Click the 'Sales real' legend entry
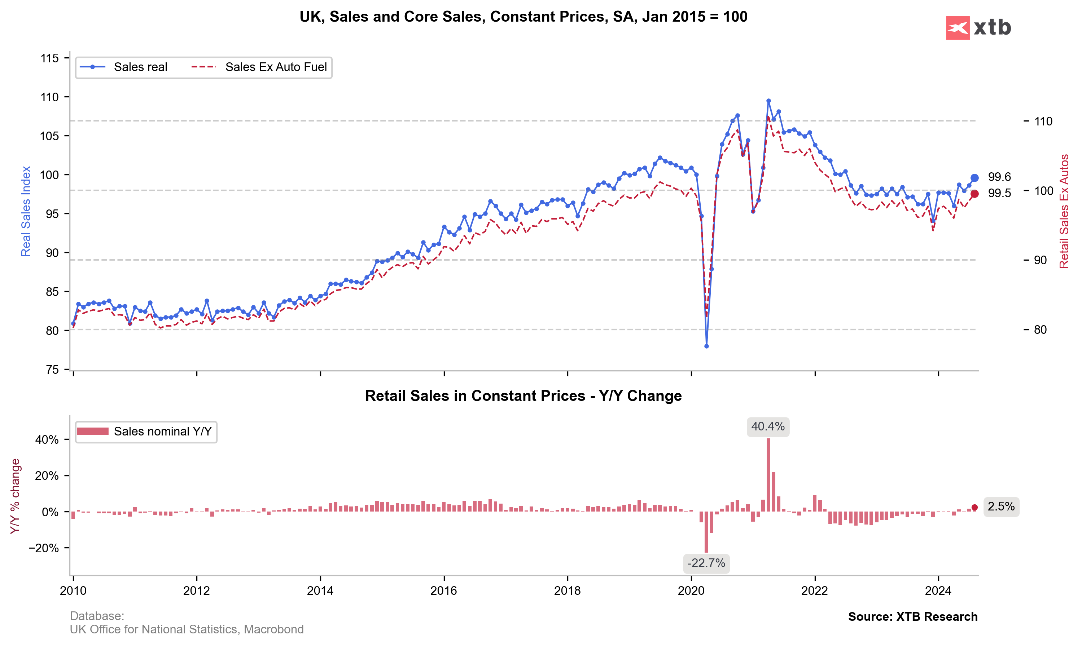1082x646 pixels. (x=140, y=67)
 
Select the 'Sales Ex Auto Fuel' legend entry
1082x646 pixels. (x=276, y=67)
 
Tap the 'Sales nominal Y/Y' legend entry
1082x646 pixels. (x=162, y=432)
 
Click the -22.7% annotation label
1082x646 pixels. (x=706, y=563)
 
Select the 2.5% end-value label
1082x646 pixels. (x=1000, y=507)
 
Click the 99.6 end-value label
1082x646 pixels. (x=999, y=177)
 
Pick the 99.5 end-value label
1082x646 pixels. (x=999, y=193)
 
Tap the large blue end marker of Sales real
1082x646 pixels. (x=974, y=178)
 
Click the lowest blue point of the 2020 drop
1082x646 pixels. (x=706, y=346)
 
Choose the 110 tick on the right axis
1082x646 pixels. (x=1043, y=121)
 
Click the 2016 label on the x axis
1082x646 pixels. (x=443, y=591)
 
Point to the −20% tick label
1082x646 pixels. (x=44, y=548)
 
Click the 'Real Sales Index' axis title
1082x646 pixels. (x=26, y=211)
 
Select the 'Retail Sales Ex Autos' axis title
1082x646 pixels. (x=1064, y=211)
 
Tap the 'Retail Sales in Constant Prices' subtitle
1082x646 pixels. (x=523, y=396)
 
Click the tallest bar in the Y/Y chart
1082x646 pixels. (x=768, y=474)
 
